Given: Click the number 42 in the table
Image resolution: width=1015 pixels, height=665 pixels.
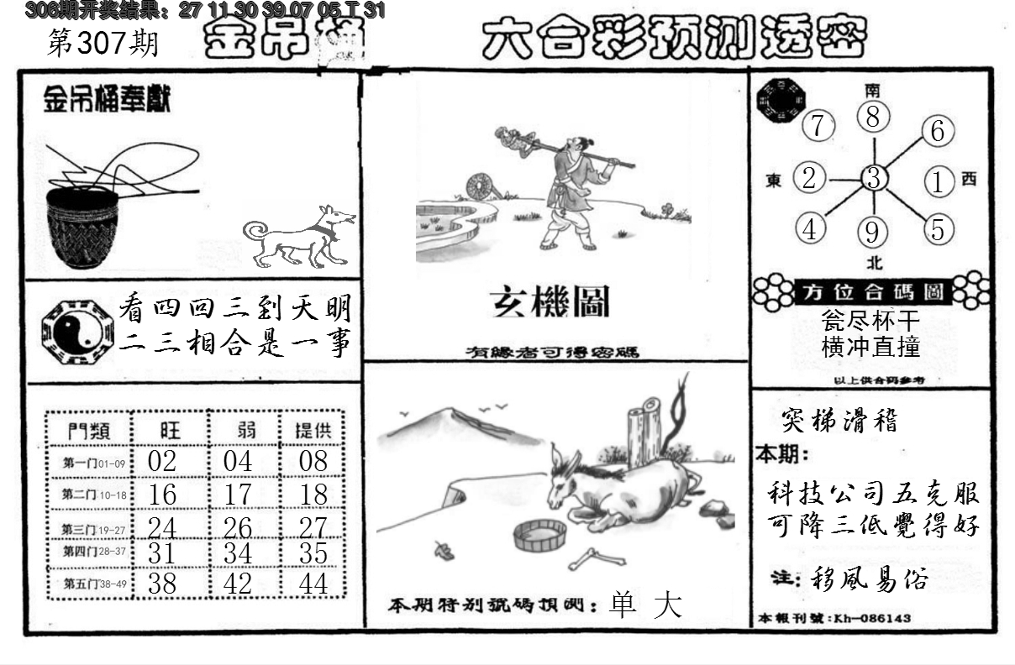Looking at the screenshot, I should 238,583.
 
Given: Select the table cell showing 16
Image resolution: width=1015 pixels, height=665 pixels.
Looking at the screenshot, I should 161,495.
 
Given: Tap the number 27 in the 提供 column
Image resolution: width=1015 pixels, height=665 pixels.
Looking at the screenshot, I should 313,527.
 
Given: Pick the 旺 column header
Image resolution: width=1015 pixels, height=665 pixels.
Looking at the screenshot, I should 168,431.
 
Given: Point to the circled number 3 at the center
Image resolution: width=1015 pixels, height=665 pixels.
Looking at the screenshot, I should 874,178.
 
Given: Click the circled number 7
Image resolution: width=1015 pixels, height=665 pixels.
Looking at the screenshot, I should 818,127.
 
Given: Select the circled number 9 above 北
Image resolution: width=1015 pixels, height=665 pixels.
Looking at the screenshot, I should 874,231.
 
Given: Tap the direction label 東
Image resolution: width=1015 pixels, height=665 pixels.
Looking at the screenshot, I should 774,180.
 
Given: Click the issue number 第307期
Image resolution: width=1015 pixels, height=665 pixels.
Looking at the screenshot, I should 103,44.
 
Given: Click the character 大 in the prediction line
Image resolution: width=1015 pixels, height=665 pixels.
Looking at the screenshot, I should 669,606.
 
